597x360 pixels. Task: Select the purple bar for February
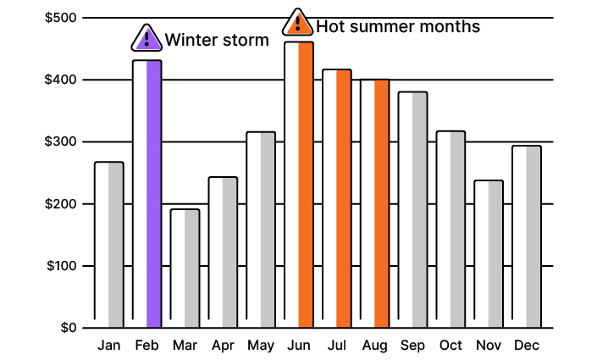(x=147, y=194)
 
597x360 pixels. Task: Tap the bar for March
(x=185, y=268)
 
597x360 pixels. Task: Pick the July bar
(x=337, y=198)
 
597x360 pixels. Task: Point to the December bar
(x=527, y=236)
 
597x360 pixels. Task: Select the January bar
(x=109, y=245)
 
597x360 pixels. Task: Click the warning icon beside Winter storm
(x=147, y=38)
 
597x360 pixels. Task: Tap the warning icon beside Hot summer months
(x=297, y=24)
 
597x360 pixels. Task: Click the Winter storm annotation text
(x=217, y=40)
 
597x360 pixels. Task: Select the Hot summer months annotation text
(x=398, y=26)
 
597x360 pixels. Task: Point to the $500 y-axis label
(x=61, y=18)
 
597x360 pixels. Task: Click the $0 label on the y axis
(x=69, y=328)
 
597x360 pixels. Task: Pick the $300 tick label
(x=61, y=141)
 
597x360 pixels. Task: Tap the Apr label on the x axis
(x=223, y=346)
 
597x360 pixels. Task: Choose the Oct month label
(x=451, y=346)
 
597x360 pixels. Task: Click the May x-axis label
(x=261, y=346)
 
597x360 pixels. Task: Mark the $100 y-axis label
(x=61, y=266)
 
